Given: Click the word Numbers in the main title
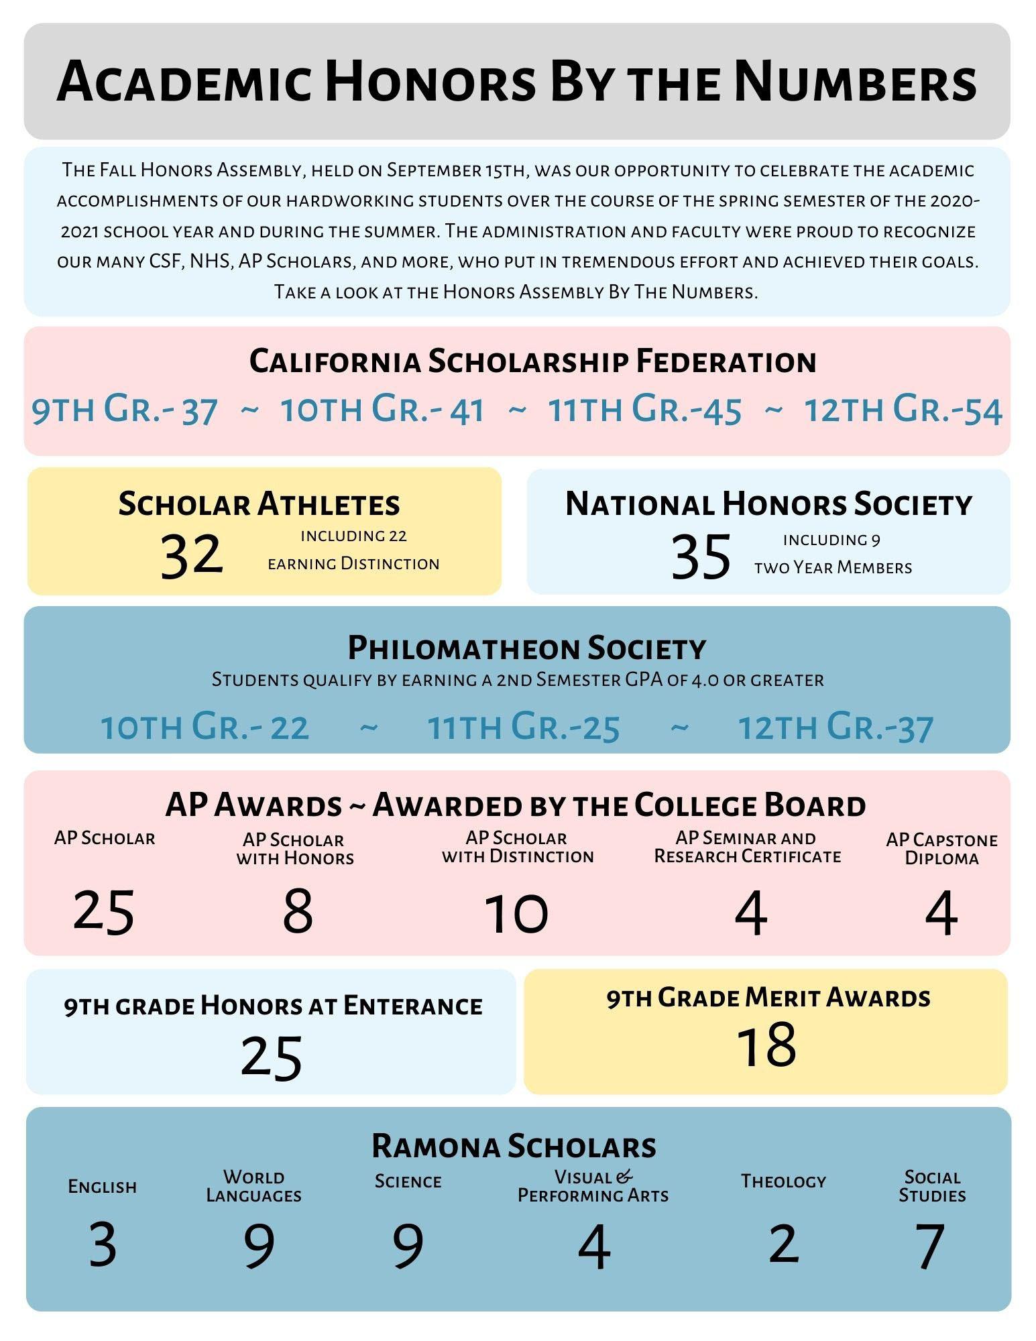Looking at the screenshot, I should pyautogui.click(x=855, y=82).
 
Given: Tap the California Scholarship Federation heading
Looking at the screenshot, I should pyautogui.click(x=532, y=361).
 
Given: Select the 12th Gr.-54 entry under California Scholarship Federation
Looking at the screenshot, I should pyautogui.click(x=903, y=410).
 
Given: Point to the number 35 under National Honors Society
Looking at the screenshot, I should pyautogui.click(x=701, y=557).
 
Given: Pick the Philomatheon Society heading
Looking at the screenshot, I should pyautogui.click(x=526, y=648).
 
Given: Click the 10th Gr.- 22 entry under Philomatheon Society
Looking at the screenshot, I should pyautogui.click(x=205, y=727).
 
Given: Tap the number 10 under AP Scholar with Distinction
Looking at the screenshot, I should pyautogui.click(x=516, y=913).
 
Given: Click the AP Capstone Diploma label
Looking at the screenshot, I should pyautogui.click(x=941, y=849).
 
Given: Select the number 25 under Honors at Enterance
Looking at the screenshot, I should pyautogui.click(x=272, y=1058).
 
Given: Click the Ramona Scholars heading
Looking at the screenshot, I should pyautogui.click(x=514, y=1146).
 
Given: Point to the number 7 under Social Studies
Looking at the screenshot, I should pyautogui.click(x=931, y=1246).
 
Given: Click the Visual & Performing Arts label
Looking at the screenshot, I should pyautogui.click(x=593, y=1186).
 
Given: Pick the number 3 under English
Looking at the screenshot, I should pyautogui.click(x=103, y=1244).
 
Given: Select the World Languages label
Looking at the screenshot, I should pyautogui.click(x=253, y=1186).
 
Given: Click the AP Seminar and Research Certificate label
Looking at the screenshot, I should pyautogui.click(x=747, y=847).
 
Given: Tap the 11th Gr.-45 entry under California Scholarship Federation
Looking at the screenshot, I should pyautogui.click(x=644, y=410).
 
